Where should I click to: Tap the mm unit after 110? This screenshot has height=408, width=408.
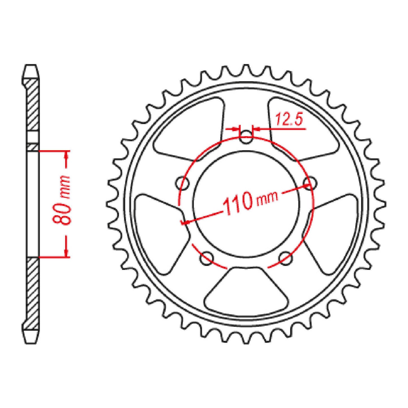click(267, 198)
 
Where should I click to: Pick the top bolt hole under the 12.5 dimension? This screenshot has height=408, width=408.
click(246, 137)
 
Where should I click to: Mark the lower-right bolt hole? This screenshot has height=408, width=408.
click(285, 258)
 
